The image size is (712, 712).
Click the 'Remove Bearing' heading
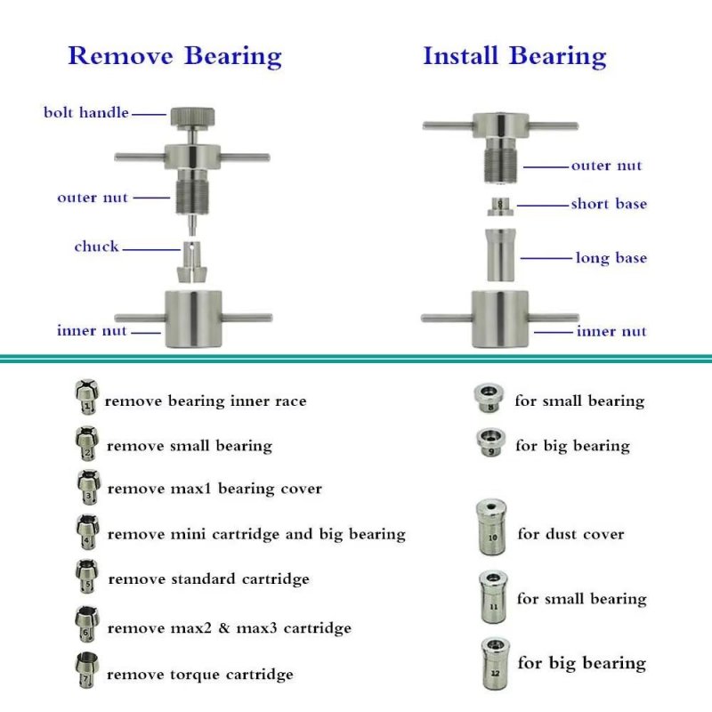[174, 57]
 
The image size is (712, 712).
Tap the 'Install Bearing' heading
[514, 57]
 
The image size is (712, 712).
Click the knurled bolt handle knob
[192, 117]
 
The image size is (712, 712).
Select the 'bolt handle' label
[85, 112]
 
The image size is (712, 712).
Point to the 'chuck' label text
[96, 247]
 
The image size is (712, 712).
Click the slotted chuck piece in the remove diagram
[191, 262]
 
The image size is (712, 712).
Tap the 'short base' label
[609, 204]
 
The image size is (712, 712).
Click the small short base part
[500, 207]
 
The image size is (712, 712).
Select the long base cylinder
[500, 255]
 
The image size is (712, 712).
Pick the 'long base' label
[611, 258]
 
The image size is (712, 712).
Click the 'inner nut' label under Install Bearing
[611, 331]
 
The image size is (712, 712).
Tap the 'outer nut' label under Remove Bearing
[93, 198]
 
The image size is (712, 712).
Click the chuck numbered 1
[86, 397]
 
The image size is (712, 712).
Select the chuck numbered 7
[85, 671]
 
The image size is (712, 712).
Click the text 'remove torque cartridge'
[199, 675]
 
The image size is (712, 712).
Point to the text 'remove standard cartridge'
[209, 579]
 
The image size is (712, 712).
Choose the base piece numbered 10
[492, 528]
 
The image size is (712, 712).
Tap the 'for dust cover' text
[570, 534]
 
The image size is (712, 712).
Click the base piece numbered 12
[495, 663]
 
